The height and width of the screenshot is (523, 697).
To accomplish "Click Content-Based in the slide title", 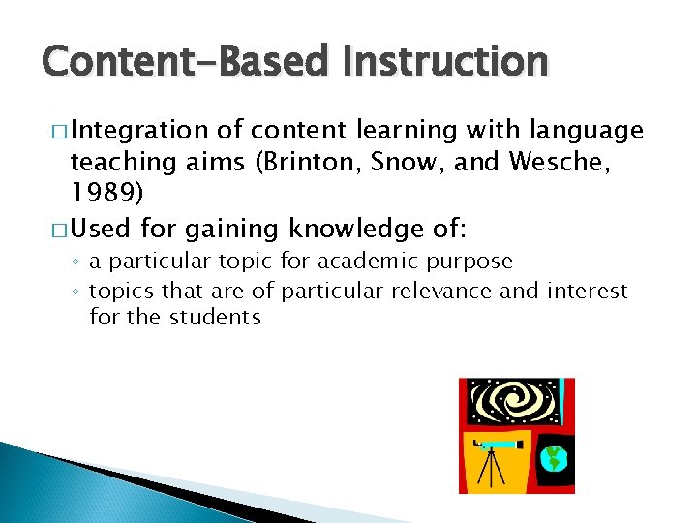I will (188, 61).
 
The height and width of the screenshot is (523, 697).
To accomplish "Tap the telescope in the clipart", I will (498, 445).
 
